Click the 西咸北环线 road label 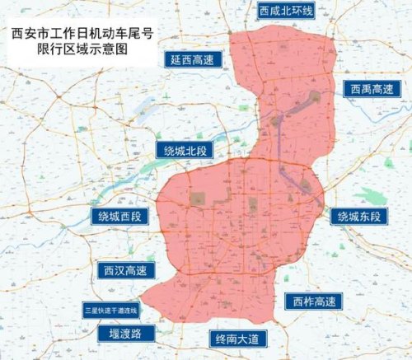click(286, 12)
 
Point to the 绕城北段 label click(184, 149)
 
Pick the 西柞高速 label click(309, 301)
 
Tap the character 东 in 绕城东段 click(365, 217)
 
